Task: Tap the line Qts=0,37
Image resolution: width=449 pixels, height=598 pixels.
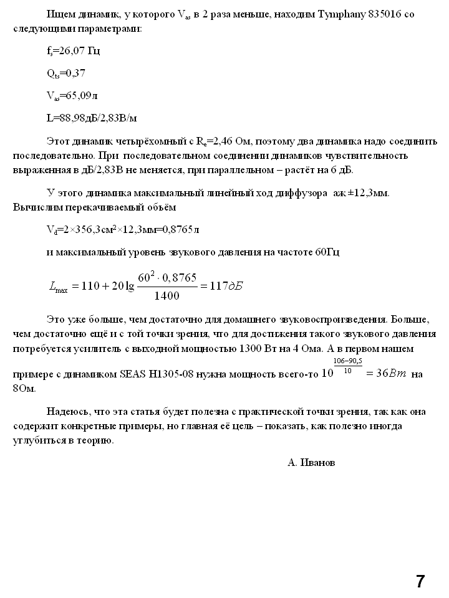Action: [66, 74]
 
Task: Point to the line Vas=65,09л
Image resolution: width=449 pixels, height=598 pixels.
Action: [72, 95]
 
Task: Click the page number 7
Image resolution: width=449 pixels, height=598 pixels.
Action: [420, 581]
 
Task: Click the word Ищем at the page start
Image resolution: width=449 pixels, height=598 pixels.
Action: [59, 14]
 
